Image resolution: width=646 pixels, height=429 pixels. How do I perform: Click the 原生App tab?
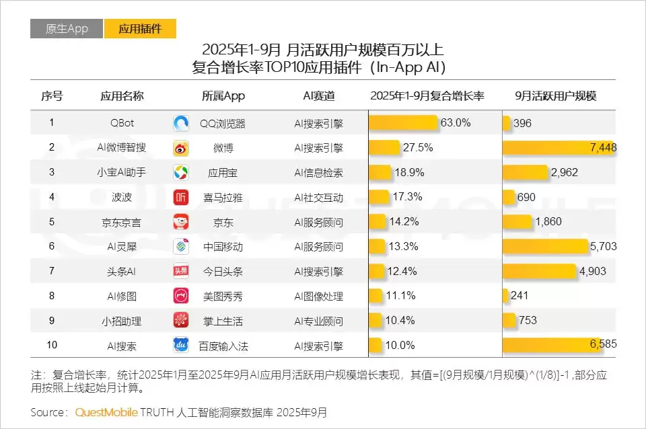point(67,29)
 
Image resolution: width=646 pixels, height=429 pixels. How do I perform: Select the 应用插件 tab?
point(140,29)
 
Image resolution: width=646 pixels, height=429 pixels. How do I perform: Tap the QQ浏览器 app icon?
point(182,123)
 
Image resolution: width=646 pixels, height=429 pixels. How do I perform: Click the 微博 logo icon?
point(182,148)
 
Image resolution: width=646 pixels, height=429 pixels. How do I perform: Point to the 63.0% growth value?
point(456,123)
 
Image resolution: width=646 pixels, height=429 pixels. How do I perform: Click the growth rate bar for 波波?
point(379,197)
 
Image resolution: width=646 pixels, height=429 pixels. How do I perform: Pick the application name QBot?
point(122,123)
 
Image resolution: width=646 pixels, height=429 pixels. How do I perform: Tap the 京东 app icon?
point(182,222)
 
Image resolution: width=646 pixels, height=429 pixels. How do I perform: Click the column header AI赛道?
point(318,95)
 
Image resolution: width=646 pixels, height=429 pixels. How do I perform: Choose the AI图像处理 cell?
point(318,296)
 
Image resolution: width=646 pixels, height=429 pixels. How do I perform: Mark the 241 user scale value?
point(520,296)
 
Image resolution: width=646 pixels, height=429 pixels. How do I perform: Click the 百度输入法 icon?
point(182,346)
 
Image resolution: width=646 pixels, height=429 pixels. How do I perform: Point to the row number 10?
point(52,346)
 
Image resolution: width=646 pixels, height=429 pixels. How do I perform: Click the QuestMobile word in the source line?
point(107,412)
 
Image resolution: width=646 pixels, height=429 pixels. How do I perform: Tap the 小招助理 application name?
point(122,321)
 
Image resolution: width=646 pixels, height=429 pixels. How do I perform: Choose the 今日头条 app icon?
point(182,271)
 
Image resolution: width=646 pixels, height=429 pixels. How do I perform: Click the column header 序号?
point(52,95)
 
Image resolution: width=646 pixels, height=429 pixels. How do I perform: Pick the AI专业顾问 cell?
point(318,321)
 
